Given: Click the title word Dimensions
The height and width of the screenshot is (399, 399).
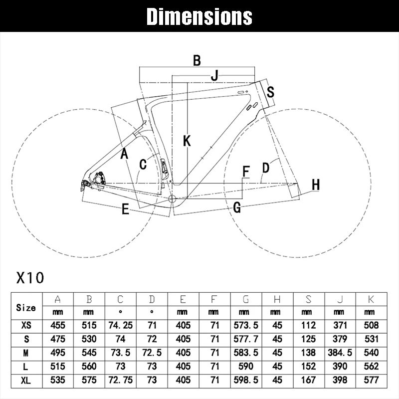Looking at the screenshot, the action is click(x=199, y=16).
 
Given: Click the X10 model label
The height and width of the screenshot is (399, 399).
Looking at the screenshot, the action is click(x=30, y=278).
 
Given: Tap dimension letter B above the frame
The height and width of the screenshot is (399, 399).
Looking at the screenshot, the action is click(x=197, y=60).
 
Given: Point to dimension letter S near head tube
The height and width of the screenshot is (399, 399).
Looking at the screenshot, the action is click(x=270, y=92).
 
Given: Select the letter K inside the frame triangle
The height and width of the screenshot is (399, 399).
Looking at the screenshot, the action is click(x=187, y=141).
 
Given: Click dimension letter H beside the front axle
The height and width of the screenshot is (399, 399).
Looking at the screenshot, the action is click(x=316, y=185).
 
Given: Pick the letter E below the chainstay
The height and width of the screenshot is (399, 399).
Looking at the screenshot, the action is click(x=125, y=209).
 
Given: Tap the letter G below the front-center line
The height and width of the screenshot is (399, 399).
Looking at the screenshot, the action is click(x=237, y=207).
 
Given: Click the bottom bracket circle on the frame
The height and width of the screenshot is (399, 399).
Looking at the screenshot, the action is click(x=173, y=199).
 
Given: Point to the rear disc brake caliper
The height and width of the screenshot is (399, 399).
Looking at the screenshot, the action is click(x=99, y=178).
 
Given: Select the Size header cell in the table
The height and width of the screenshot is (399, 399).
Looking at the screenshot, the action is click(x=26, y=308).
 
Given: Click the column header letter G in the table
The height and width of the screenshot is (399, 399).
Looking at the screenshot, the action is click(x=246, y=299).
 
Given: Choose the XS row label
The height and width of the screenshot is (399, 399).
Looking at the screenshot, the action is click(x=26, y=325).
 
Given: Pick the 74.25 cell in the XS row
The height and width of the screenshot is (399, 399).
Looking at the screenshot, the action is click(x=120, y=325).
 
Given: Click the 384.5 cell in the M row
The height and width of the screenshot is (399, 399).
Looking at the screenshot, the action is click(x=340, y=353).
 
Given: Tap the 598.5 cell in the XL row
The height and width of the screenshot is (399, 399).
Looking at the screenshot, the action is click(x=246, y=380).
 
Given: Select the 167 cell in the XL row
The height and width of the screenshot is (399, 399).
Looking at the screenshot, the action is click(x=308, y=380).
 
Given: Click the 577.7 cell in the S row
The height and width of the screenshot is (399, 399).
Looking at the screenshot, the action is click(x=246, y=339).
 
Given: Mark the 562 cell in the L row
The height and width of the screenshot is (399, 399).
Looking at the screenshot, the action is click(x=371, y=367).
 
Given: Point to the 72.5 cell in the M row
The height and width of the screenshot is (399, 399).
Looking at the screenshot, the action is click(x=152, y=353).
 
